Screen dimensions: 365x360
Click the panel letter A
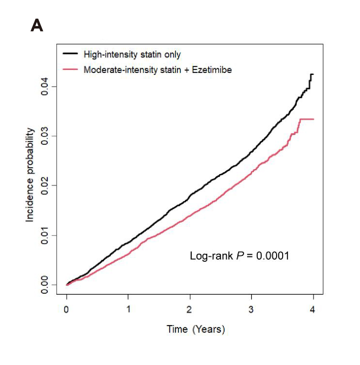point(37,25)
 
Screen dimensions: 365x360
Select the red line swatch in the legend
point(70,69)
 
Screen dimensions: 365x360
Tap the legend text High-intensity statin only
point(132,55)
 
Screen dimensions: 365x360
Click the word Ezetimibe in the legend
point(212,70)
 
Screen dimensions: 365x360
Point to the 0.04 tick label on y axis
point(44,86)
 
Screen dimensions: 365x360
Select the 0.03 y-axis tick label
point(44,136)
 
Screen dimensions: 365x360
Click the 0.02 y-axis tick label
point(44,186)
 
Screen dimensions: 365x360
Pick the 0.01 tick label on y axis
point(44,235)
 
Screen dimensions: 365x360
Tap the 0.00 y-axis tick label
point(44,285)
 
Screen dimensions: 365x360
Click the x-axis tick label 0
point(66,310)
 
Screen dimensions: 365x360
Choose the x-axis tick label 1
point(128,310)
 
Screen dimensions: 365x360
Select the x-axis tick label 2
point(190,310)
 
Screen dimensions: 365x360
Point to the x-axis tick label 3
point(251,310)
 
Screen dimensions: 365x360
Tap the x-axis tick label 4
point(313,310)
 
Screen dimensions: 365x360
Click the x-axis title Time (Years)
point(196,329)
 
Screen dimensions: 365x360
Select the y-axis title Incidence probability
point(30,175)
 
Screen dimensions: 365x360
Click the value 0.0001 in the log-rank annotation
point(273,256)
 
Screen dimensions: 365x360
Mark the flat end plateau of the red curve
point(307,119)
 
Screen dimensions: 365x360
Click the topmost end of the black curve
point(312,74)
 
